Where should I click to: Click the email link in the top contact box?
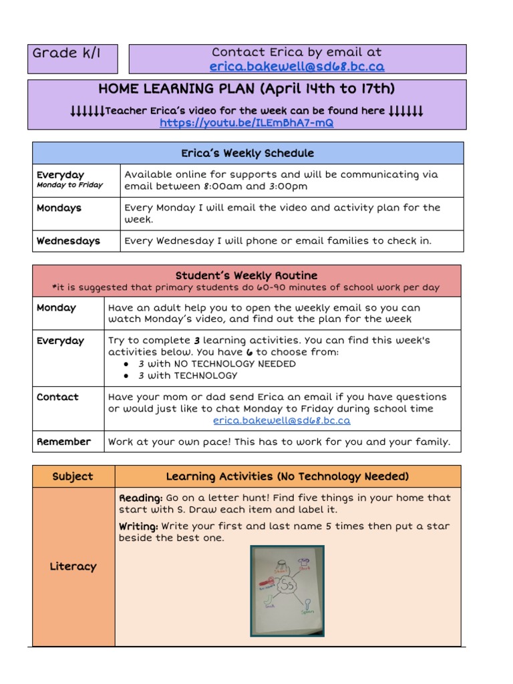[297, 67]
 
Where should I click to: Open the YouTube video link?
[246, 124]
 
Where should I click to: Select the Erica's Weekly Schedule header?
[248, 154]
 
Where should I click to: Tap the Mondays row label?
[59, 208]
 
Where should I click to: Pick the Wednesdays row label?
[68, 241]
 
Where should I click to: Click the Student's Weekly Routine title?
[246, 276]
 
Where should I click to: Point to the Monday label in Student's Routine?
[56, 308]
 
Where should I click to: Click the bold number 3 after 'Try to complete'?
[197, 341]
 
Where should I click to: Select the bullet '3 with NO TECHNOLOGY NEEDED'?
[216, 364]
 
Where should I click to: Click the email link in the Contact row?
[281, 421]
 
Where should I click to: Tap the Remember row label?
[63, 442]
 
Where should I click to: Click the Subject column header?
[73, 477]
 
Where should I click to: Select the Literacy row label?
[73, 566]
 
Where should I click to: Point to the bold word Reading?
[140, 498]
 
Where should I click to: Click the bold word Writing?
[138, 527]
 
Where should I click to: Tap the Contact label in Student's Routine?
[57, 397]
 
